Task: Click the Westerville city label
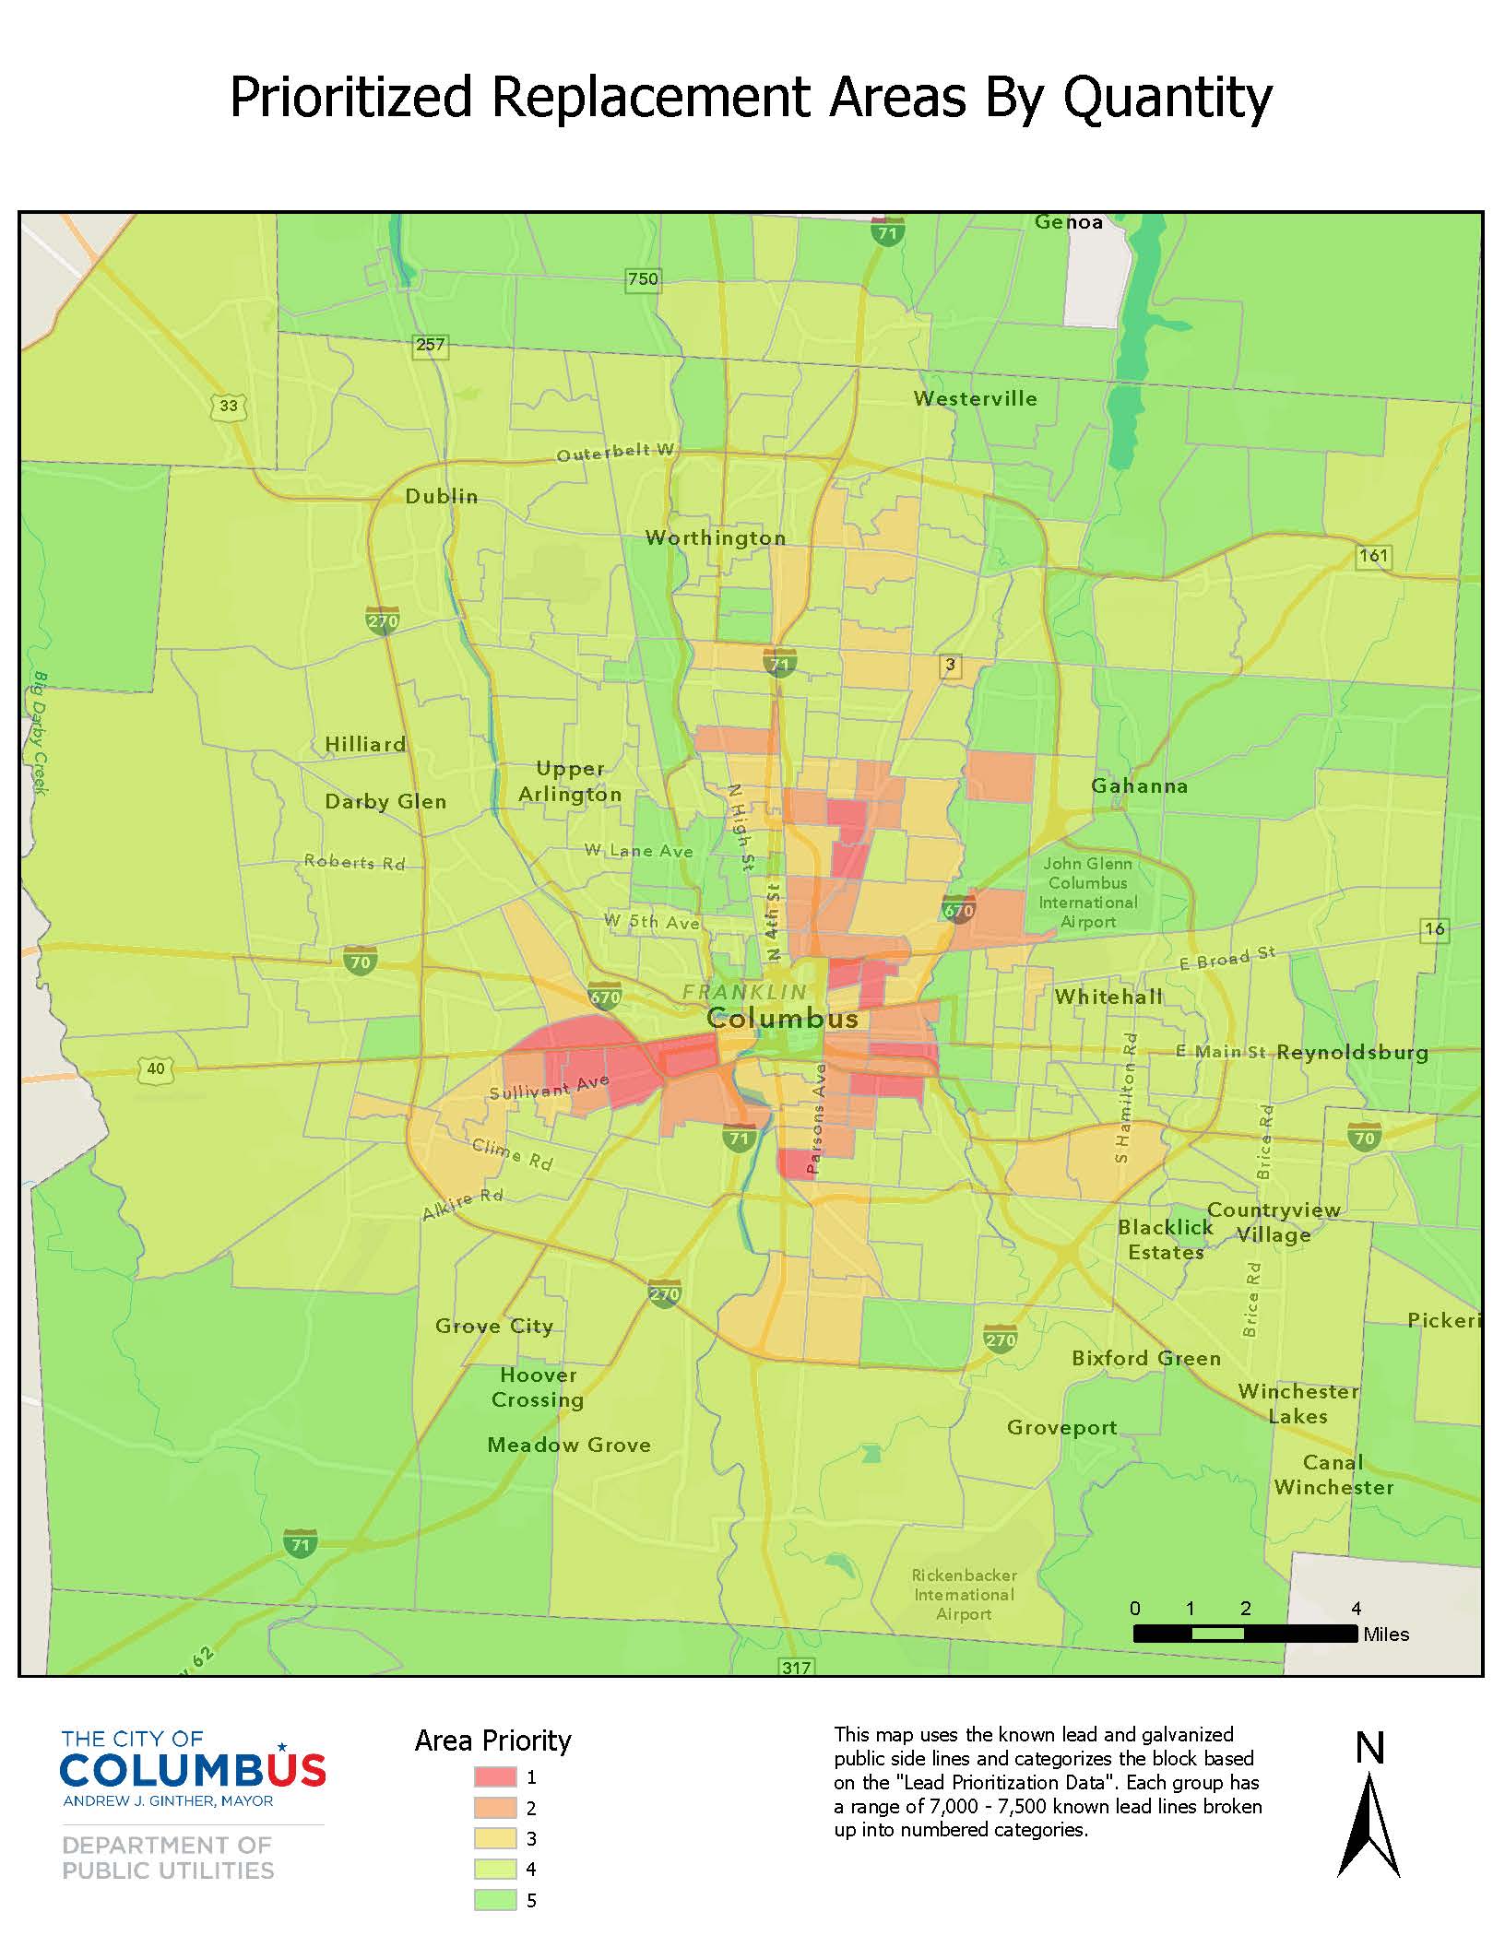[x=975, y=398]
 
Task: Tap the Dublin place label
[x=442, y=496]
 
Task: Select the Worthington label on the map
[x=716, y=537]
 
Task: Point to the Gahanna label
[x=1139, y=785]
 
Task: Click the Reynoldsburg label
[x=1352, y=1052]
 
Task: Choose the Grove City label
[x=494, y=1326]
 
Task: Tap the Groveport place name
[x=1061, y=1427]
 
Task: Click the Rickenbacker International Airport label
[x=964, y=1594]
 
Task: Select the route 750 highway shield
[x=643, y=278]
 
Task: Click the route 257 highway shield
[x=430, y=345]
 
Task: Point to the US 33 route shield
[x=228, y=406]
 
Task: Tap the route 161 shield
[x=1373, y=555]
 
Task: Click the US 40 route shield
[x=155, y=1068]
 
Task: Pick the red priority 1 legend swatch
[x=494, y=1776]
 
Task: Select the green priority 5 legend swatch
[x=494, y=1900]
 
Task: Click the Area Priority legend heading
[x=492, y=1740]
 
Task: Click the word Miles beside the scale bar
[x=1386, y=1634]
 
